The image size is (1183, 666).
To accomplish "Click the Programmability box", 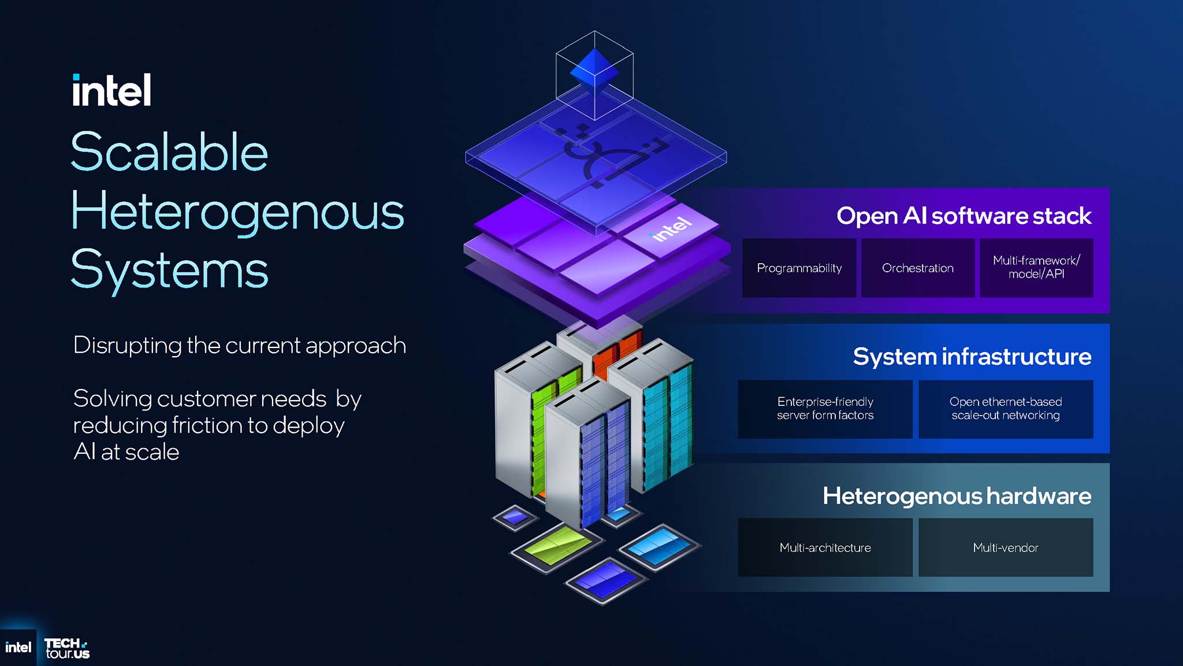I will [799, 268].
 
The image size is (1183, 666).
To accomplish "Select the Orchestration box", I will [917, 268].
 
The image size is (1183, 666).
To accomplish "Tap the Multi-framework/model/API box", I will [1036, 268].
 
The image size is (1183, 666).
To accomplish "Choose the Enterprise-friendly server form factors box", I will [825, 409].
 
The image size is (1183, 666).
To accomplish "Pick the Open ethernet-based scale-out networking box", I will [1006, 409].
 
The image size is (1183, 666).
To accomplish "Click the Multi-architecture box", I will [825, 547].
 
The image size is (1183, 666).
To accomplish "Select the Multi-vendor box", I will [1006, 547].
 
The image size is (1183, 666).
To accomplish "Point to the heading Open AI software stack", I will [963, 216].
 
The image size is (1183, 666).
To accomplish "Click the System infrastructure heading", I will [972, 357].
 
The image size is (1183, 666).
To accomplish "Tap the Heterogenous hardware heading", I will [957, 496].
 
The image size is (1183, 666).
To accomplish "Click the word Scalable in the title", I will [169, 152].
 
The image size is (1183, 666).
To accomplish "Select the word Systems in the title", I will [169, 270].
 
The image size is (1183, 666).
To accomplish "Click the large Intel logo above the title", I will [111, 90].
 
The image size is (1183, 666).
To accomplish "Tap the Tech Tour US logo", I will [67, 648].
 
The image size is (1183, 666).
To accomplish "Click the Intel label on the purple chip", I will [670, 229].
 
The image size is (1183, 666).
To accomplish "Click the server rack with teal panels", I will [664, 416].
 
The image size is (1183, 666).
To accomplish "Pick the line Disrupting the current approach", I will [239, 346].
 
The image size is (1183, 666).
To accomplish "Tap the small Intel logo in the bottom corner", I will [18, 647].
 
